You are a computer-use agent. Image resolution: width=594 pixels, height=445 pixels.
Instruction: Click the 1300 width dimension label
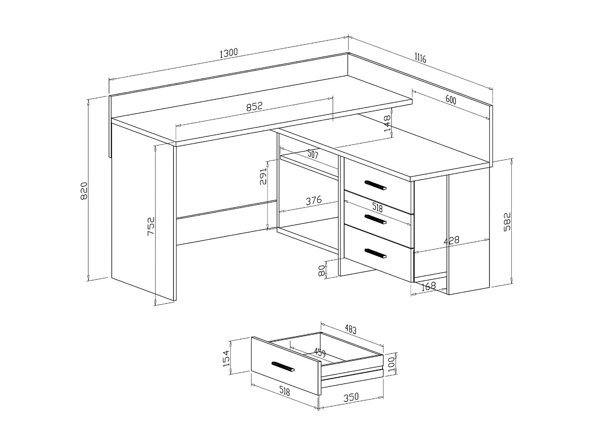click(228, 53)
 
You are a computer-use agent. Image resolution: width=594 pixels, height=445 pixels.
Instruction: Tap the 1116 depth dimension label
click(420, 58)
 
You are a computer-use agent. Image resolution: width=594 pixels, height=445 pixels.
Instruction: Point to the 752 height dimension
click(151, 226)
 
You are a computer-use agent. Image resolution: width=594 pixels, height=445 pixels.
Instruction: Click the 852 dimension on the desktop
click(254, 106)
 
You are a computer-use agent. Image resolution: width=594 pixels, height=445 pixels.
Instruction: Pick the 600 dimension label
click(451, 100)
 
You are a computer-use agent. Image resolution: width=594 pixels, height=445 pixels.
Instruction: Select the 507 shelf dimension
click(312, 154)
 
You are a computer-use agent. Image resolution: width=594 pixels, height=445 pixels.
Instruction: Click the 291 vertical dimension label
click(263, 176)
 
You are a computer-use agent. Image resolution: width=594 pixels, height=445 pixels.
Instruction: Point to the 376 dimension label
click(313, 201)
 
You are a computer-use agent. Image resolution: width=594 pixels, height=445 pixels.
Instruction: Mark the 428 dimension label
click(451, 240)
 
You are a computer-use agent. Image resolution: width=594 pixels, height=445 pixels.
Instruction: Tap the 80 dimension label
click(322, 270)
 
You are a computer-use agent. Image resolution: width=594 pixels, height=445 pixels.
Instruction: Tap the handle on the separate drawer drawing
click(283, 366)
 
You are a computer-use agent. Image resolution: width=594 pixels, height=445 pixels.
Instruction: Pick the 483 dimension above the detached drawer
click(350, 329)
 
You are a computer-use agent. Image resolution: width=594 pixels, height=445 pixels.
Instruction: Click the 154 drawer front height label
click(226, 358)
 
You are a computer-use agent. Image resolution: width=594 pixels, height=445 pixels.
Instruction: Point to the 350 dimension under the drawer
click(351, 397)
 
